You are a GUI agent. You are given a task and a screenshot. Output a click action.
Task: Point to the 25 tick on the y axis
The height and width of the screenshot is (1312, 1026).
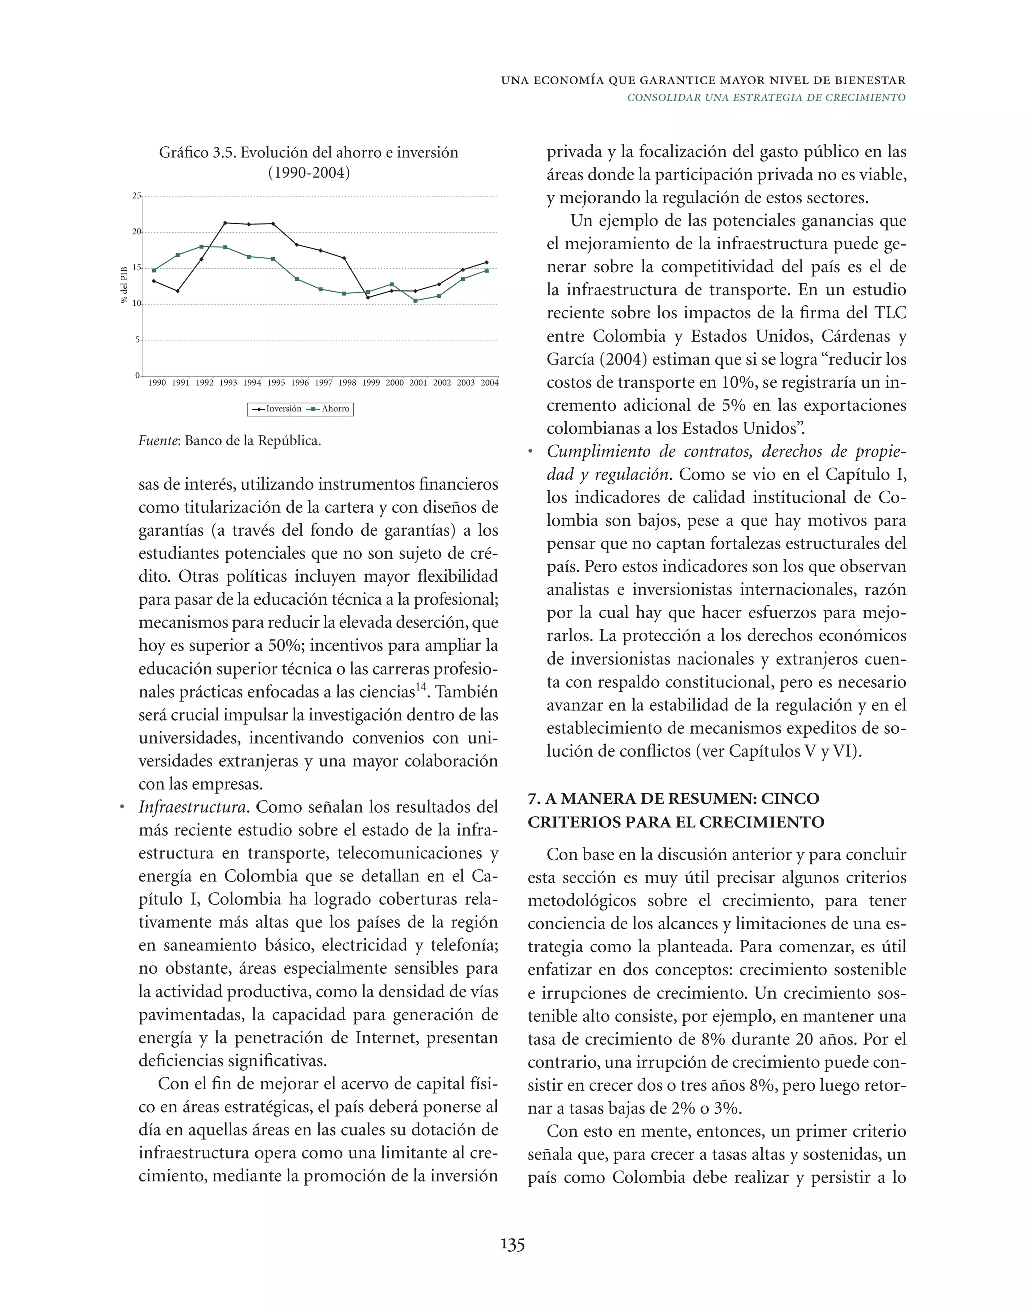136,196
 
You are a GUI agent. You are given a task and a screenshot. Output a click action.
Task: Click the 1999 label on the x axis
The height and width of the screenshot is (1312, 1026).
371,382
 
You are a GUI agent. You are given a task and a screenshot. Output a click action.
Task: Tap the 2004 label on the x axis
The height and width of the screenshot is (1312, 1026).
490,382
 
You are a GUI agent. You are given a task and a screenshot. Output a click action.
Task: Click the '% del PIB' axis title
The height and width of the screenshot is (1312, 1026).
124,285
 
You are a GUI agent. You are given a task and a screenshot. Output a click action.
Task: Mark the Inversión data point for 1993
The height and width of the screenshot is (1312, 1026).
225,223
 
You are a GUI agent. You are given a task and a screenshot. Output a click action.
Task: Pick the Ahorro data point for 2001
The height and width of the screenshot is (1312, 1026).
415,300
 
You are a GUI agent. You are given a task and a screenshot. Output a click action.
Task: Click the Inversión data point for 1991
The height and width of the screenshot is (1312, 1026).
177,291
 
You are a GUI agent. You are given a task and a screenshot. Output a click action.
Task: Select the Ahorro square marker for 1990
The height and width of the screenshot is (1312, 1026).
154,270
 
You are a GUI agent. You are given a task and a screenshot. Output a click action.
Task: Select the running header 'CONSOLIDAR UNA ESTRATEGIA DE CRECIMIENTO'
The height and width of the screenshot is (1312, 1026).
766,97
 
